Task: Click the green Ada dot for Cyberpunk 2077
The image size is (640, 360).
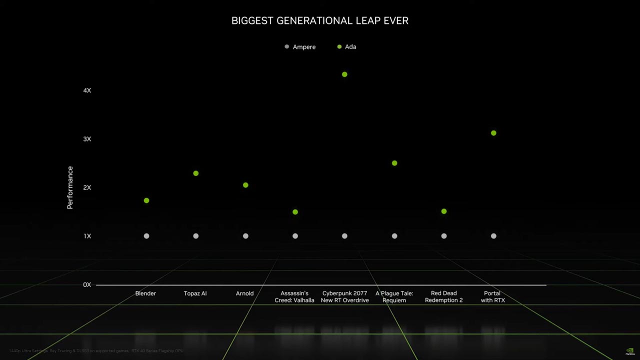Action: [x=344, y=74]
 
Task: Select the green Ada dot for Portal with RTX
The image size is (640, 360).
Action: [x=493, y=133]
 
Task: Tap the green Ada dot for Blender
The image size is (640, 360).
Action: [x=146, y=200]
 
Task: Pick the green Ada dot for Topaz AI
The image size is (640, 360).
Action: [x=196, y=173]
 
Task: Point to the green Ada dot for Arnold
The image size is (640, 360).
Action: [x=245, y=185]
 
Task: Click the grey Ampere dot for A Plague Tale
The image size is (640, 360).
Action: [x=394, y=236]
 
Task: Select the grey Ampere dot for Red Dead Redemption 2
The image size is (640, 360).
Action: [x=444, y=236]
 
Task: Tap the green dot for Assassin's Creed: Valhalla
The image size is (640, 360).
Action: [x=295, y=212]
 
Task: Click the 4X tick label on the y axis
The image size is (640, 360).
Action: [x=87, y=90]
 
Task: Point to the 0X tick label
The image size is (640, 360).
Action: [x=87, y=285]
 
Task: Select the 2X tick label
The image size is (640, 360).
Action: [x=87, y=187]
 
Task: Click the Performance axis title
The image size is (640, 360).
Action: [x=70, y=187]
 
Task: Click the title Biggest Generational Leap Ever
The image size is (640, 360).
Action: [x=320, y=21]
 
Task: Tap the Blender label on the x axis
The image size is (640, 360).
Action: [x=145, y=293]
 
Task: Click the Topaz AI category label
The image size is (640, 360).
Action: [x=195, y=293]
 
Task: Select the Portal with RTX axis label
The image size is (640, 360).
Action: [x=492, y=297]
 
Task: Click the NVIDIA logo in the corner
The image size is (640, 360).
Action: [x=629, y=351]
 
